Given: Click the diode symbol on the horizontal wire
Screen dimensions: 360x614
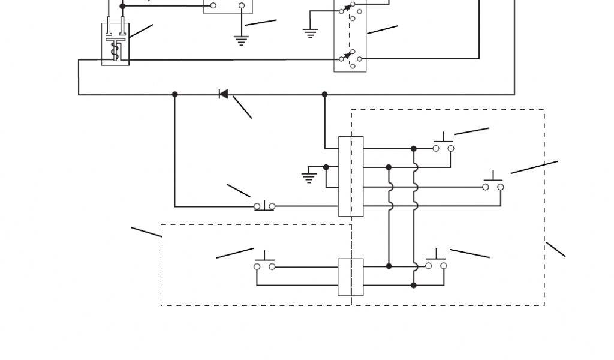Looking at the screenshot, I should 224,94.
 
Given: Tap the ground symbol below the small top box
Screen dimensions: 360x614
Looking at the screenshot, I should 241,41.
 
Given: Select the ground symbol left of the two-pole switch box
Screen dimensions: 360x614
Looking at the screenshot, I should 310,32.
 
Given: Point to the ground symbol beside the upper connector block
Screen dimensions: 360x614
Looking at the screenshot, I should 309,176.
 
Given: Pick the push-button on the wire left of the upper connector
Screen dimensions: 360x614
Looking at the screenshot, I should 264,206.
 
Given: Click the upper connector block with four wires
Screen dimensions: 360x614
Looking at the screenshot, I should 351,176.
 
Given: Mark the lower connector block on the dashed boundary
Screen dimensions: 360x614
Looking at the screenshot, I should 351,277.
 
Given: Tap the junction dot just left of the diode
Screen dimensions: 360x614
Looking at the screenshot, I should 175,94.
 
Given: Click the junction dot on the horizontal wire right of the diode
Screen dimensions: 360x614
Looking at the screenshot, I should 325,94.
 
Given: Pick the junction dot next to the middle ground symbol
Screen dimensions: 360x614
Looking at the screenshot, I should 326,167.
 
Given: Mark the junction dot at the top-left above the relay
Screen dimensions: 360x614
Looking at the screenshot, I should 123,6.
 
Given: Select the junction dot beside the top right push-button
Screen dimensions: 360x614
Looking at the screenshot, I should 414,148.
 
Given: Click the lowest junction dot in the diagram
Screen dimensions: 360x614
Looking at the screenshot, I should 414,285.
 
